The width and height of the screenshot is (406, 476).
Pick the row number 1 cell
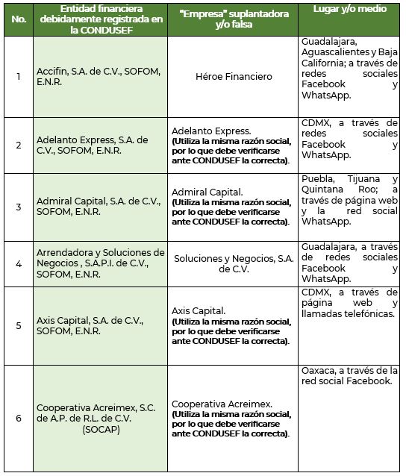click(18, 76)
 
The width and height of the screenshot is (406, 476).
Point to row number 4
click(18, 263)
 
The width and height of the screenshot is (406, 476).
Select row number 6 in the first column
click(18, 417)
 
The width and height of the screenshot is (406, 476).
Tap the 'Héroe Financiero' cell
click(233, 76)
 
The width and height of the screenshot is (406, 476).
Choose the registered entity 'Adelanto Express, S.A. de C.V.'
click(93, 145)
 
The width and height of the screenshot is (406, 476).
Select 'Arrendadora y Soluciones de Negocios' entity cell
click(100, 263)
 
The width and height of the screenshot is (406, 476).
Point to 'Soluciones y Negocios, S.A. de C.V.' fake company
click(233, 263)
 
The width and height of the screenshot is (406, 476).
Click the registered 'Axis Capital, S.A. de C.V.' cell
click(89, 325)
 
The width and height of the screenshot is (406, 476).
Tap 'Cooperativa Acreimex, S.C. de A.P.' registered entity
click(99, 413)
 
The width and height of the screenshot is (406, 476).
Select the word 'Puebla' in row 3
click(318, 180)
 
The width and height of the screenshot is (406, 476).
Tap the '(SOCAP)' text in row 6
click(100, 430)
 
